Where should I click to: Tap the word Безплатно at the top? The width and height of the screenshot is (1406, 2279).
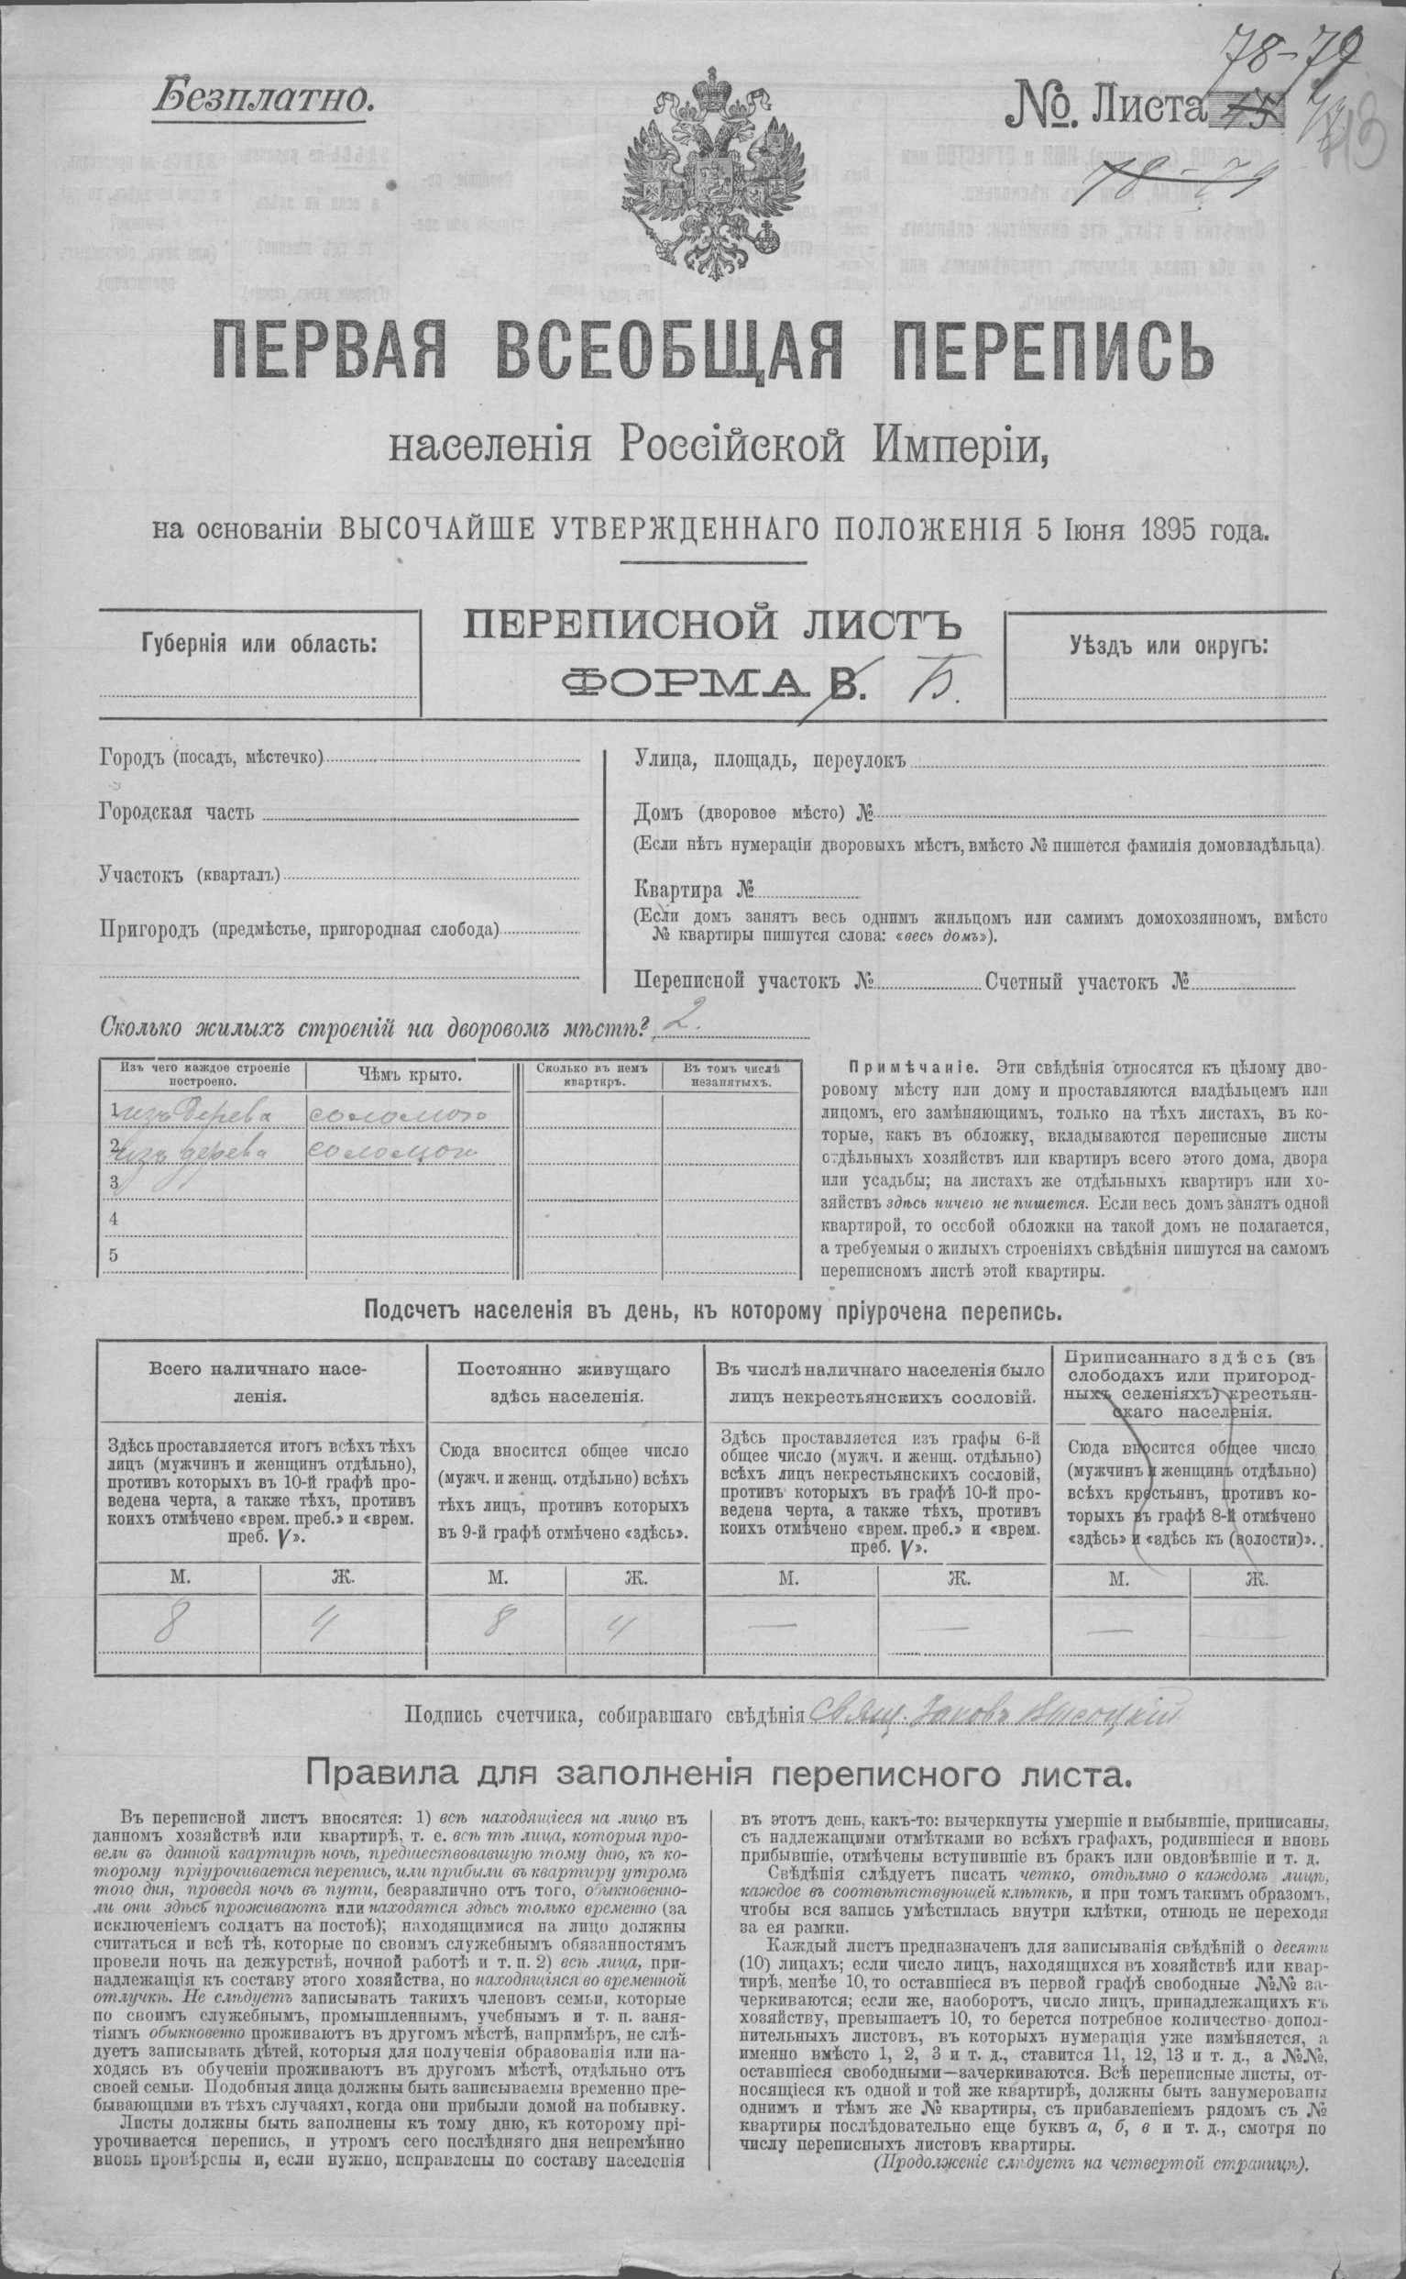click(x=263, y=99)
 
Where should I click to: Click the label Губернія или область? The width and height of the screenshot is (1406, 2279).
click(x=259, y=644)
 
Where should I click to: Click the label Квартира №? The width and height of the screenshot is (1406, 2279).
click(x=694, y=889)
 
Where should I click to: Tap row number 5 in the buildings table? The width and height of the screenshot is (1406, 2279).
click(x=114, y=1255)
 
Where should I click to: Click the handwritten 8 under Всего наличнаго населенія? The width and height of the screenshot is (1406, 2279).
click(x=170, y=1623)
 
